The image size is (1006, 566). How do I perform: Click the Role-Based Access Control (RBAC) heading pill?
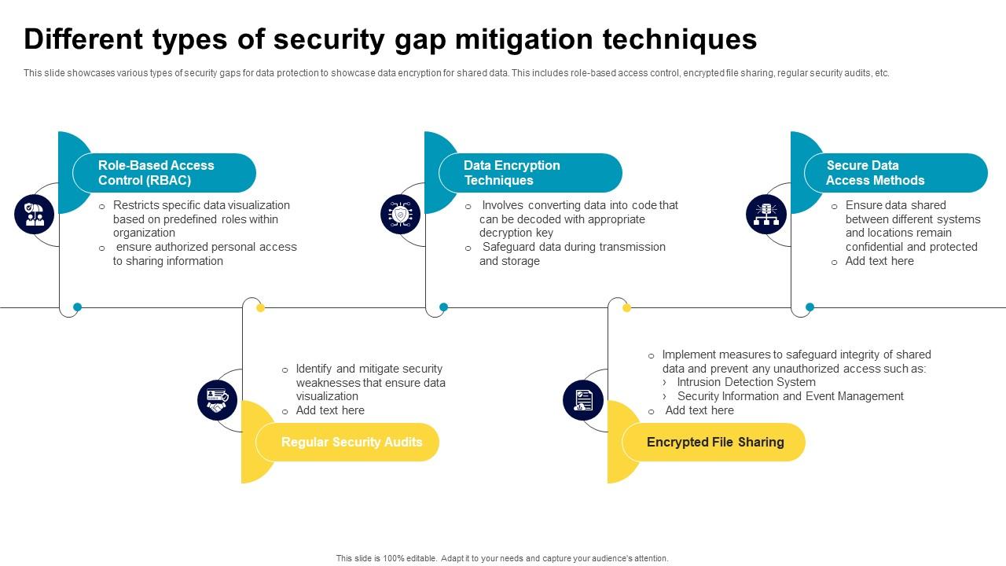coord(164,173)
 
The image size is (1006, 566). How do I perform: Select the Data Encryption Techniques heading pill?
coord(531,173)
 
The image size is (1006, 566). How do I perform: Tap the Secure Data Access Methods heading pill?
coord(896,173)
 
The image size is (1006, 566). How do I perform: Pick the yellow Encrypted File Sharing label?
coord(714,442)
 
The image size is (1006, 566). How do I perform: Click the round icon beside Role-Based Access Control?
coord(35,215)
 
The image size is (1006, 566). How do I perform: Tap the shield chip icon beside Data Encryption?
coord(401,215)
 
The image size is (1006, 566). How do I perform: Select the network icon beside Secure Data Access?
coord(766,215)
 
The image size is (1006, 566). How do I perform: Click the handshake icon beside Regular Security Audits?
coord(218,400)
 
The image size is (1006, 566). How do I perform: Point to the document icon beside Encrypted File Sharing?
coord(583,400)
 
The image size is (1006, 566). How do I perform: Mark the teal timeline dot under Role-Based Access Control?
coord(77,307)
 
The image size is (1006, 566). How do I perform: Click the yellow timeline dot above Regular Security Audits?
coord(260,307)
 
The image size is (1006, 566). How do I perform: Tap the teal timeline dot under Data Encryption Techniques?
coord(443,307)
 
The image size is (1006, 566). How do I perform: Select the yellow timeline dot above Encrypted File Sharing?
coord(626,307)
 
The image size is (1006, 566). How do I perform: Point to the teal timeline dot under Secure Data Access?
coord(810,307)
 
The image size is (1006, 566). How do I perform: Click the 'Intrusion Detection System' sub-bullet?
coord(746,382)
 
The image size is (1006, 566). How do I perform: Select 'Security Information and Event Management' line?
coord(790,396)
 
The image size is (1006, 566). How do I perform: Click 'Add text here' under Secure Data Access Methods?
coord(879,261)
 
